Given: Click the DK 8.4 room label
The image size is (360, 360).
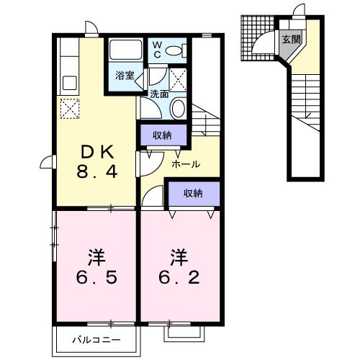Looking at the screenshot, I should click(97, 162).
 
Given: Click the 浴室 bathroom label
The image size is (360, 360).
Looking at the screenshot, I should click(124, 74).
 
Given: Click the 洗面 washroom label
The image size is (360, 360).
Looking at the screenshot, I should click(158, 94).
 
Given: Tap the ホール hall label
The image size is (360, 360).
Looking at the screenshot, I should click(185, 164).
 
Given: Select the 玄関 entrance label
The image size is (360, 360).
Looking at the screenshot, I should click(292, 40).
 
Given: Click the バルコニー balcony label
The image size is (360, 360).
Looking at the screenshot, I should click(96, 339).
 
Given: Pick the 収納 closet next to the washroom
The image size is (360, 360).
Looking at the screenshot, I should click(162, 135).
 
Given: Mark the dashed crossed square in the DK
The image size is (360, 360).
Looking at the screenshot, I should click(69, 109).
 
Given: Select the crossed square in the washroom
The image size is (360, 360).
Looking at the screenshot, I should click(180, 78).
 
